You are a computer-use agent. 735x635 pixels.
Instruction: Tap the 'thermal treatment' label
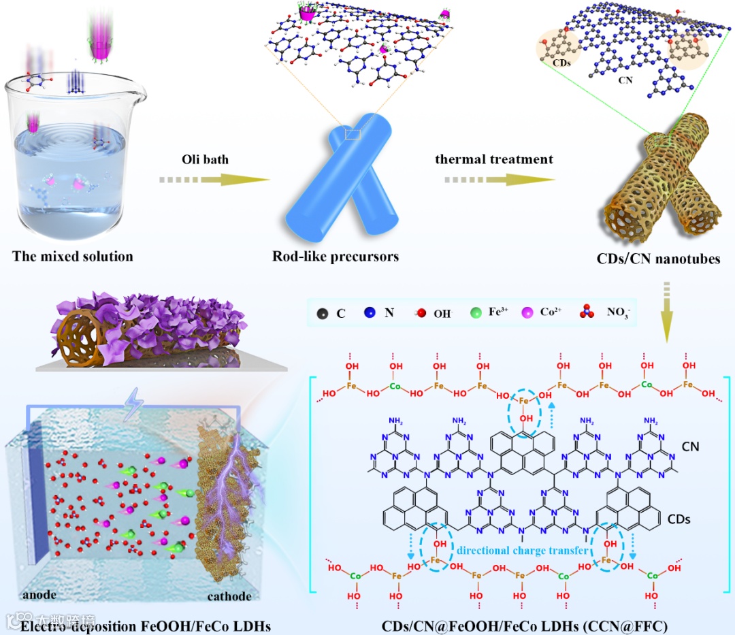tap(494, 159)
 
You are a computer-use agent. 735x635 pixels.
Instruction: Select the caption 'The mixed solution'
tap(73, 257)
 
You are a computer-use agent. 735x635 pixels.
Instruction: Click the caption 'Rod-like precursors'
tap(336, 257)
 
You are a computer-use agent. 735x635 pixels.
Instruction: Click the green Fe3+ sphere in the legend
tap(476, 314)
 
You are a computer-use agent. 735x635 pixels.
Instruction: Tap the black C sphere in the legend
tap(322, 314)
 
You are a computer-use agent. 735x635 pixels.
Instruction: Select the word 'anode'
tap(39, 596)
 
